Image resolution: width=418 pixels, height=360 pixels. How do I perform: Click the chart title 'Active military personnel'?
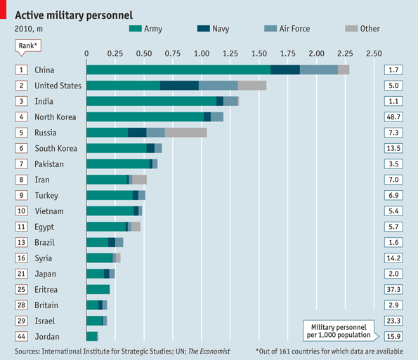pyautogui.click(x=74, y=14)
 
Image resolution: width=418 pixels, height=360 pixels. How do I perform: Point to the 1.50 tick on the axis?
pyautogui.click(x=259, y=53)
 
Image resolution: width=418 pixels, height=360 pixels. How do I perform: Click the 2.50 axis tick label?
pyautogui.click(x=374, y=53)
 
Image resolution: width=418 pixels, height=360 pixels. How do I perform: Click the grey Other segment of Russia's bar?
pyautogui.click(x=185, y=133)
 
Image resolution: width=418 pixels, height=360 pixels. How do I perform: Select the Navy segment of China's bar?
pyautogui.click(x=285, y=69)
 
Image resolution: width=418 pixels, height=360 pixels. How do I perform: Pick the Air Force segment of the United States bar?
pyautogui.click(x=218, y=86)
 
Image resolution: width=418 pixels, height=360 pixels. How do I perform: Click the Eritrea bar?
pyautogui.click(x=98, y=289)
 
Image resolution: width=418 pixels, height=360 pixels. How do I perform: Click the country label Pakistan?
pyautogui.click(x=49, y=164)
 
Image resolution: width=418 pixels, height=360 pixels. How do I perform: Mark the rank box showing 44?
pyautogui.click(x=22, y=336)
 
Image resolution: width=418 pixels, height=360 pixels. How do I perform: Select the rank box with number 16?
pyautogui.click(x=22, y=258)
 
